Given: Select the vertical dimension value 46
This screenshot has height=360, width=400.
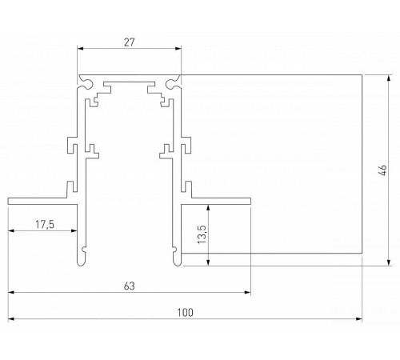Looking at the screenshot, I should [x=382, y=170].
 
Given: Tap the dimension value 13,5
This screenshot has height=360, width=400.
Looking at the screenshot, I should [x=201, y=234].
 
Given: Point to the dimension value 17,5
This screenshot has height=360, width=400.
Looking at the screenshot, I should [x=46, y=224].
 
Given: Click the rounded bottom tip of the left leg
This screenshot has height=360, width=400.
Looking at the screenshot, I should [x=85, y=258].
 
